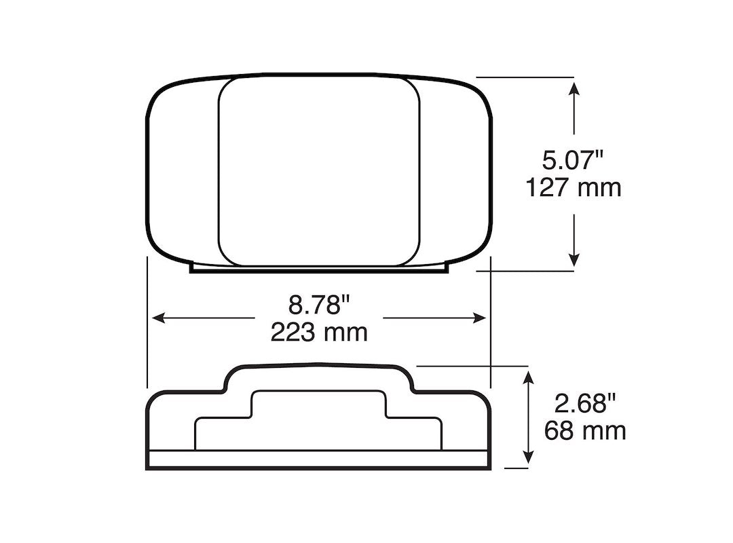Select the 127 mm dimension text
click(574, 187)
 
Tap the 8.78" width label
click(319, 305)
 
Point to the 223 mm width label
click(319, 332)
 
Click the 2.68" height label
click(585, 404)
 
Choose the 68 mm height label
click(585, 430)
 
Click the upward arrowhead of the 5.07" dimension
click(575, 89)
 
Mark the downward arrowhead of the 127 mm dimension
click(575, 259)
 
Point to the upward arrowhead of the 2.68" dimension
click(527, 377)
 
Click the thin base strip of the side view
click(319, 460)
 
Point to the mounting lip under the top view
click(319, 269)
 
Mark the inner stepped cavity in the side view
click(319, 421)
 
